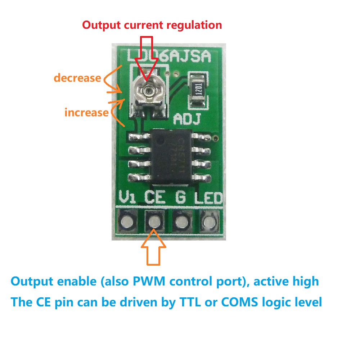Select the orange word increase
86,112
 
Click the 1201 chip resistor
198,90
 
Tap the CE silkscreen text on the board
155,198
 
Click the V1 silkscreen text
128,198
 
